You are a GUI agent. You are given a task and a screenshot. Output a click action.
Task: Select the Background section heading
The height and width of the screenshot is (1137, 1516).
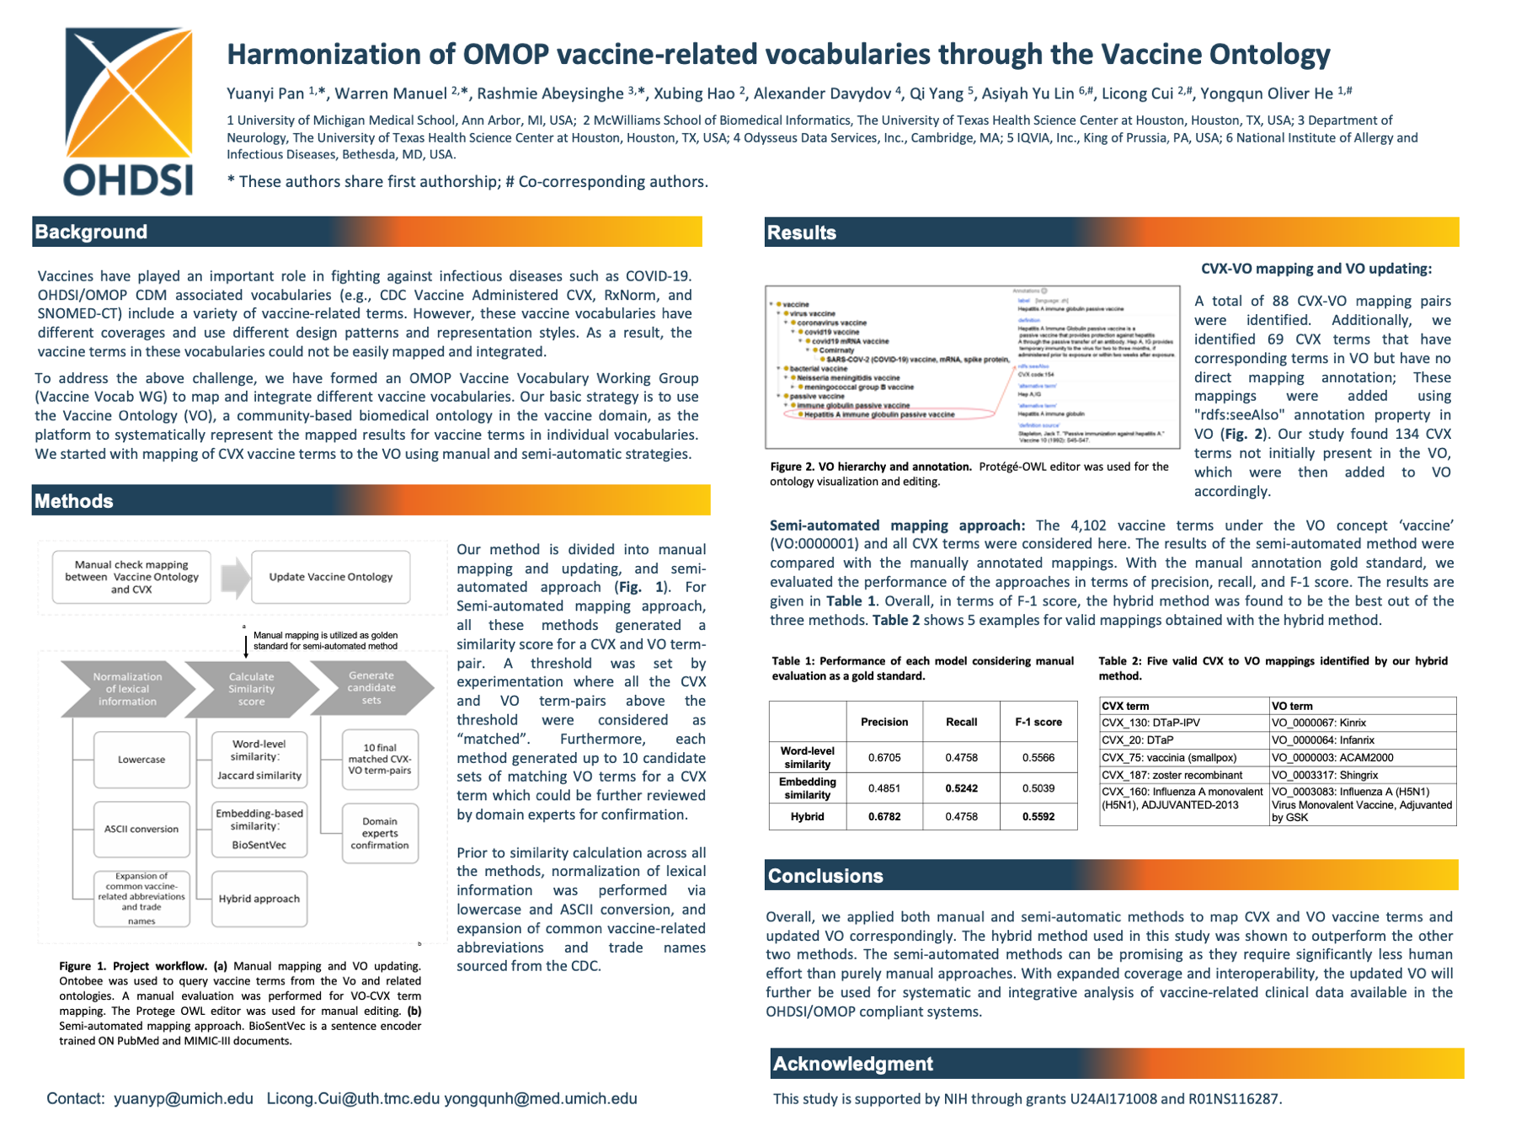pyautogui.click(x=91, y=232)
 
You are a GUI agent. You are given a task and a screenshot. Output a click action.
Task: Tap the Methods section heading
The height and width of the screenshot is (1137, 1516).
pyautogui.click(x=74, y=501)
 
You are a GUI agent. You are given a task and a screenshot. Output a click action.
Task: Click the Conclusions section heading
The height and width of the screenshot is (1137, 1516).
pyautogui.click(x=825, y=876)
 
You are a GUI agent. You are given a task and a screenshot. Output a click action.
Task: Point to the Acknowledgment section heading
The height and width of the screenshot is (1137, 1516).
pyautogui.click(x=852, y=1064)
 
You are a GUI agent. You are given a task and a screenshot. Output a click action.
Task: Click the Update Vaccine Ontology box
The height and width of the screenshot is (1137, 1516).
pyautogui.click(x=330, y=577)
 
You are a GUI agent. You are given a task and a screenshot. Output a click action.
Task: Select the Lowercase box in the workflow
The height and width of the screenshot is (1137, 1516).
pyautogui.click(x=141, y=760)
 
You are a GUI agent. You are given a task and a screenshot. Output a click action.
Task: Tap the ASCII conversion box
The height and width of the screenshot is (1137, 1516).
pyautogui.click(x=141, y=829)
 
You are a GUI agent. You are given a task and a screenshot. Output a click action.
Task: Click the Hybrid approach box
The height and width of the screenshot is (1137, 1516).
pyautogui.click(x=259, y=899)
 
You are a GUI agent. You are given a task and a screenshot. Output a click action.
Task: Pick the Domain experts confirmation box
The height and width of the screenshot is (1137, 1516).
pyautogui.click(x=380, y=833)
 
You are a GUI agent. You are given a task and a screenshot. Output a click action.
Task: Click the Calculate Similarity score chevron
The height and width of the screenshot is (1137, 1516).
pyautogui.click(x=251, y=689)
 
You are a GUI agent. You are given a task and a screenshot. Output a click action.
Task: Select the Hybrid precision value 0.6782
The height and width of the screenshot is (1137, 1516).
pyautogui.click(x=884, y=816)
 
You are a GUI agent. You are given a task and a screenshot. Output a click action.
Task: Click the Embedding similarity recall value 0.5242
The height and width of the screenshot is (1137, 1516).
pyautogui.click(x=961, y=788)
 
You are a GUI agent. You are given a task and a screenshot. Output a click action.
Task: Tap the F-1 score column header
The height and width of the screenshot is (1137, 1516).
pyautogui.click(x=1038, y=722)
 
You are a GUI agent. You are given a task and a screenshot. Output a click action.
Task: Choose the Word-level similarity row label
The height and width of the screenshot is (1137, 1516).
pyautogui.click(x=807, y=757)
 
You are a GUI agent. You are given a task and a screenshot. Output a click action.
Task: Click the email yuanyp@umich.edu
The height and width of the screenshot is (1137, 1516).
pyautogui.click(x=184, y=1098)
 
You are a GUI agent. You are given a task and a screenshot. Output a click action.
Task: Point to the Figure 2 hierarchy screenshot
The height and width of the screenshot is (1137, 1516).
pyautogui.click(x=972, y=367)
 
